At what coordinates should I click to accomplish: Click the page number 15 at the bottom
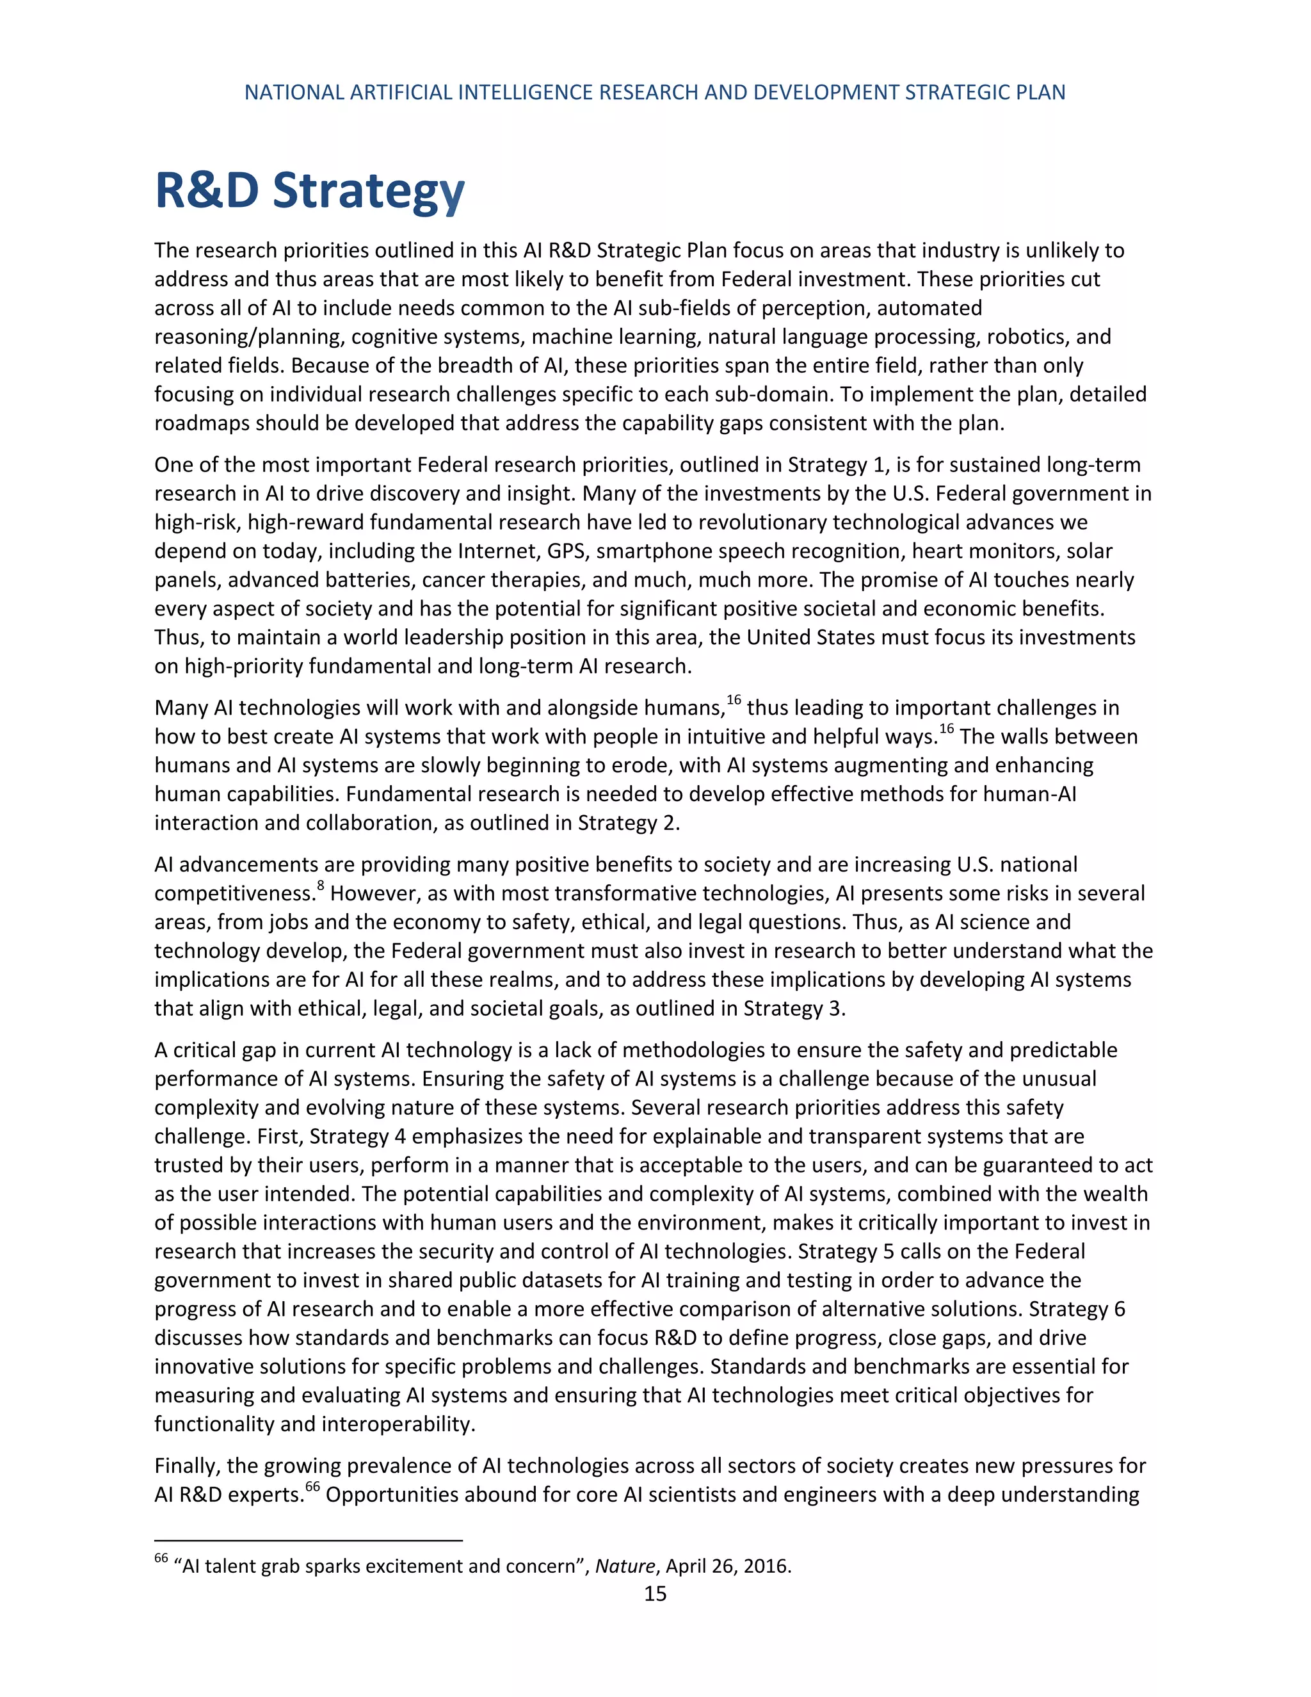click(655, 1595)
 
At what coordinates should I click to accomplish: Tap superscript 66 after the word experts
click(312, 1486)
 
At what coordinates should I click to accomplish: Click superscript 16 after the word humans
click(734, 699)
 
